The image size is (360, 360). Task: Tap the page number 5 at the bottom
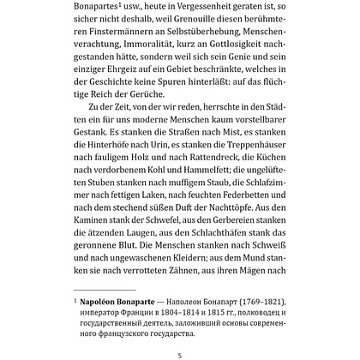coord(180,353)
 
